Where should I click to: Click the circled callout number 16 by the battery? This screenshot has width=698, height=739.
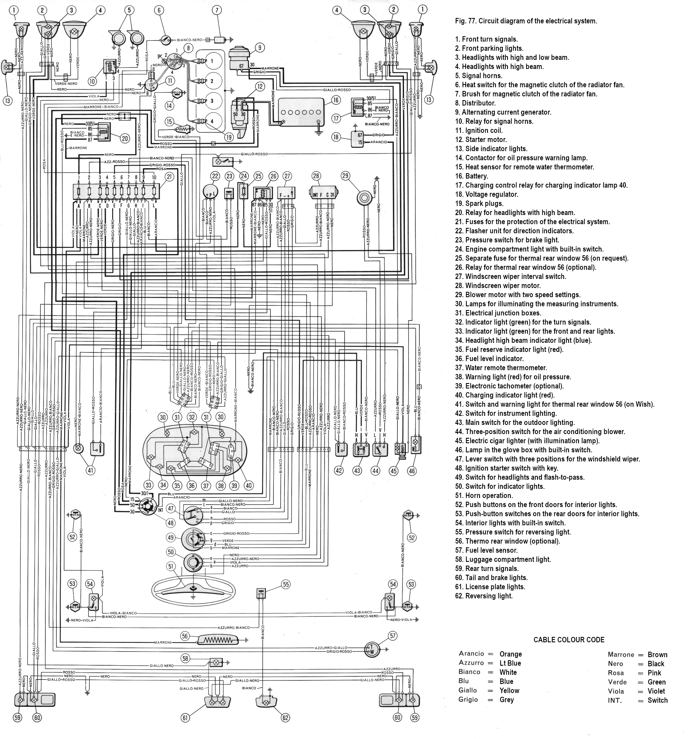[x=336, y=100]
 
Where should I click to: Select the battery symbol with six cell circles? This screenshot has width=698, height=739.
[x=301, y=112]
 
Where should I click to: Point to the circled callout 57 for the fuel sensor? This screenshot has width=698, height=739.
[x=393, y=635]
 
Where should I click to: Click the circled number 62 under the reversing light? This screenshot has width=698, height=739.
[x=285, y=717]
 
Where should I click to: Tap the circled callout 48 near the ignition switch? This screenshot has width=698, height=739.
[x=170, y=523]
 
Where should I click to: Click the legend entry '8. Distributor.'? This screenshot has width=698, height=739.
[x=475, y=103]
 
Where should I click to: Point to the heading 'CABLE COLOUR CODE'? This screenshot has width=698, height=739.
[x=568, y=640]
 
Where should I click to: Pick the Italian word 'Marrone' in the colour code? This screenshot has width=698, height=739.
[x=621, y=655]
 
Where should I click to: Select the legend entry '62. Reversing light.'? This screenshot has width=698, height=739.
[x=484, y=596]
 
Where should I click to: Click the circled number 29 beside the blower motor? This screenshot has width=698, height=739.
[x=346, y=175]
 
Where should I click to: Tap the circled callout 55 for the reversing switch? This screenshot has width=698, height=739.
[x=286, y=585]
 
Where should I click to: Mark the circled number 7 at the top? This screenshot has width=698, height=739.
[x=217, y=10]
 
